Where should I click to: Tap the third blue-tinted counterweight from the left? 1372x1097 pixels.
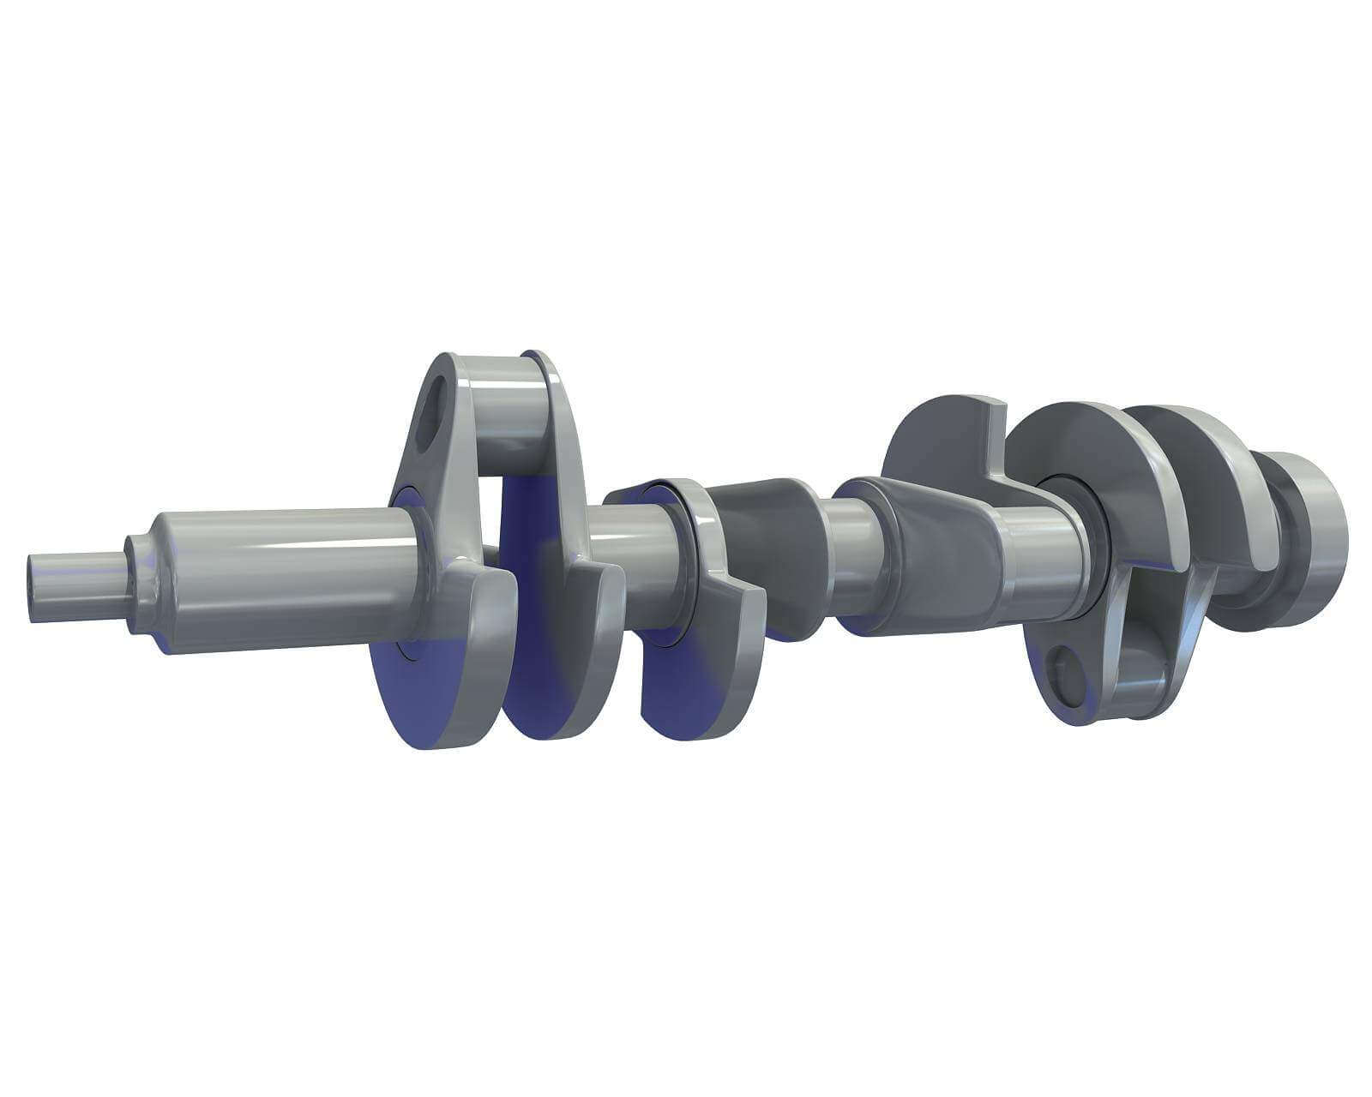[x=695, y=677]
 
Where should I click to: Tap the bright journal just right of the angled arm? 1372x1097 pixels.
[x=1046, y=557]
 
